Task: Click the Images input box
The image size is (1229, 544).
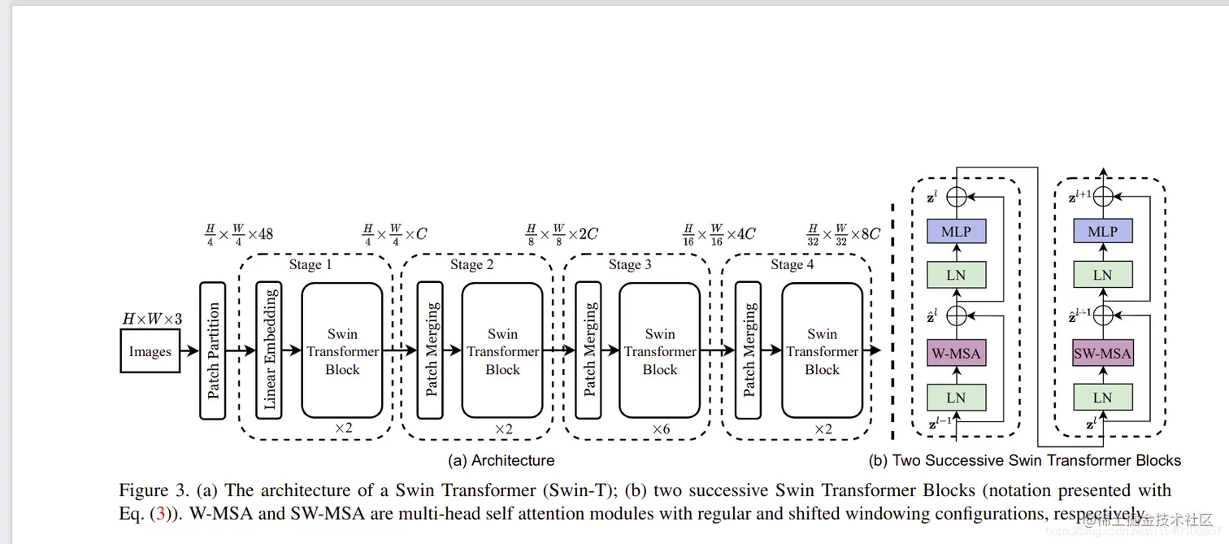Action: point(150,352)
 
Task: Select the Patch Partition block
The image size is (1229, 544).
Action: point(213,350)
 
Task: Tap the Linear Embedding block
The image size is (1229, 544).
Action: point(269,350)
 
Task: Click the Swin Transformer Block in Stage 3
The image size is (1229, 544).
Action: point(659,350)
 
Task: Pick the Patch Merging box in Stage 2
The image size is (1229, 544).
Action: point(431,350)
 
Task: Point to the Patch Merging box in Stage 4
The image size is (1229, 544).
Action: point(748,350)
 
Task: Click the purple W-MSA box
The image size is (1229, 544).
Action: point(956,354)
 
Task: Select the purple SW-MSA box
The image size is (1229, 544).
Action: point(1102,354)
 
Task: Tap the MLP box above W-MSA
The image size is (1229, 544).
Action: point(956,232)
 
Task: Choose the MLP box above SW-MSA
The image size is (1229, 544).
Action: point(1102,232)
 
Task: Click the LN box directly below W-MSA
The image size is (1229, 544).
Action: point(956,398)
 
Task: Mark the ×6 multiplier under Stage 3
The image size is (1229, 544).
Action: point(661,429)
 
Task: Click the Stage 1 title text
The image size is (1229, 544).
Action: point(311,264)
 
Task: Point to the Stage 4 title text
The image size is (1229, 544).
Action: point(792,264)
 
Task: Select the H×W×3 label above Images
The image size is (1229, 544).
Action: point(152,319)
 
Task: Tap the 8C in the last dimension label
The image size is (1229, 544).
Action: point(870,234)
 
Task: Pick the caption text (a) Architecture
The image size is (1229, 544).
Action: point(502,460)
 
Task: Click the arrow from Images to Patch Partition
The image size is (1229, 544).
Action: point(189,351)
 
